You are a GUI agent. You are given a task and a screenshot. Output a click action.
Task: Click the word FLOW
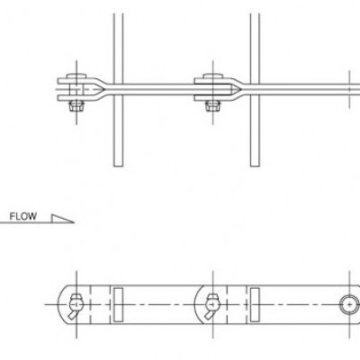tap(23, 216)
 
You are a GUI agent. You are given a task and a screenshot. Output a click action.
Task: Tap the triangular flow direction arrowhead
tap(60, 220)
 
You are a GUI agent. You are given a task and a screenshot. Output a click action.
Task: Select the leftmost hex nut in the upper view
tap(76, 106)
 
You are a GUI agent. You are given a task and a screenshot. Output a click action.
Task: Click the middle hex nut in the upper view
tap(213, 106)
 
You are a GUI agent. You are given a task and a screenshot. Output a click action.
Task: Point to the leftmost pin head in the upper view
tap(76, 76)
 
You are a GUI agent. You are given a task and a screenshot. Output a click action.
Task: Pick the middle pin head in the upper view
tap(213, 76)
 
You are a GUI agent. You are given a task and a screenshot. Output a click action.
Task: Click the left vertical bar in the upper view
tap(118, 90)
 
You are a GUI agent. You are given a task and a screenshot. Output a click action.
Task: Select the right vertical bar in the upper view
tap(255, 90)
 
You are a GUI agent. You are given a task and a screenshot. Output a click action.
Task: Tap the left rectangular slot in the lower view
tap(118, 304)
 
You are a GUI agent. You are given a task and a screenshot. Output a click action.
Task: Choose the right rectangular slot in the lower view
tap(255, 304)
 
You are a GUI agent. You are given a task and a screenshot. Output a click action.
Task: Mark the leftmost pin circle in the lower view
tap(76, 303)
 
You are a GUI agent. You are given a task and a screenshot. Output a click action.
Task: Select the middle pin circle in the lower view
tap(212, 303)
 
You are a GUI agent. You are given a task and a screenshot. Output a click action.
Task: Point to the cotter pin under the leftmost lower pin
tap(72, 315)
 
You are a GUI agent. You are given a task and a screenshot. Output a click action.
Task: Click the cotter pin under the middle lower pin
tap(209, 315)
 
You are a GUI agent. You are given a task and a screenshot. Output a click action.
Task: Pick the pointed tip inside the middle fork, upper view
tap(239, 89)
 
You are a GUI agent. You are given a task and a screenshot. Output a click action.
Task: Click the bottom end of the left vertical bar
tap(118, 166)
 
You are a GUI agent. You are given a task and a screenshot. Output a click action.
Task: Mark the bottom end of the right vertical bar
tap(255, 166)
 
